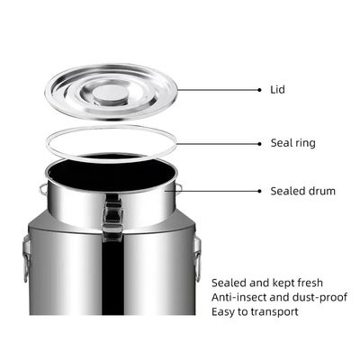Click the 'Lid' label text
[x=277, y=89]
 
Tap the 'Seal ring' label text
[x=293, y=143]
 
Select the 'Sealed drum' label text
[x=303, y=191]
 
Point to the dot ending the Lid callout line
[x=259, y=90]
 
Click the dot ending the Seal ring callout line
[x=259, y=144]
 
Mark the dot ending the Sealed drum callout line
[x=259, y=191]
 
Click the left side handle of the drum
[x=27, y=259]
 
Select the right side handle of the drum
[x=197, y=258]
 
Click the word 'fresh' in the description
[x=310, y=283]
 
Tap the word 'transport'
[x=274, y=312]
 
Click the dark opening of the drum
[x=111, y=172]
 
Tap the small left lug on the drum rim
[x=43, y=189]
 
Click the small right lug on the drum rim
[x=178, y=188]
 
